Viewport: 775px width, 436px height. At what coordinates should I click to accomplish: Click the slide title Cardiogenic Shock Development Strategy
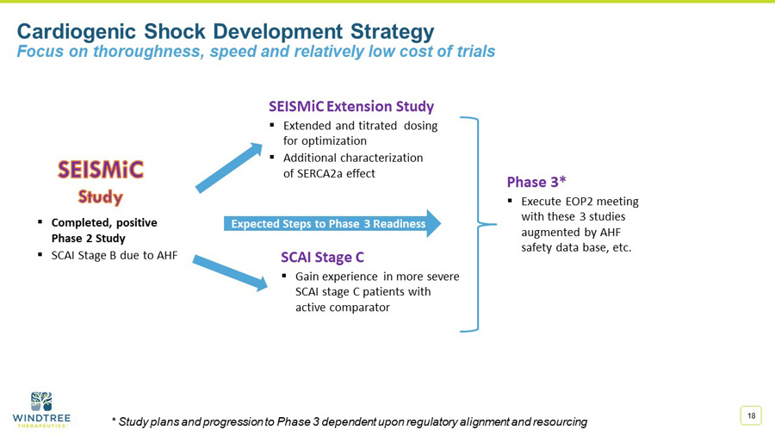point(226,32)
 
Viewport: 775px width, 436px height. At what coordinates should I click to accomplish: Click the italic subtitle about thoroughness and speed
point(256,52)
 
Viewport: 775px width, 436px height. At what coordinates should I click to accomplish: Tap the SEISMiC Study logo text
point(101,181)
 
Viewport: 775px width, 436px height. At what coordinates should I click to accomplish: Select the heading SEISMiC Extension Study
point(351,107)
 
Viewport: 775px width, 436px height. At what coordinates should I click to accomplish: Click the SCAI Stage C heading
point(322,257)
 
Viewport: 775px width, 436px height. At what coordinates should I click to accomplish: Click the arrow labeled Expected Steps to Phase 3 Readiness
point(332,224)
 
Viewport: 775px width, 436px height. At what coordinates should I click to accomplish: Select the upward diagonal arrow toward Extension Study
point(228,168)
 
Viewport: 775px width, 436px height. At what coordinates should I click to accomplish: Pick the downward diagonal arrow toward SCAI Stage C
point(229,272)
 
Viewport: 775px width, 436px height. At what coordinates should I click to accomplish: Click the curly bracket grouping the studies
point(478,224)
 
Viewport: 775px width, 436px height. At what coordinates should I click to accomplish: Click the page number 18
point(752,416)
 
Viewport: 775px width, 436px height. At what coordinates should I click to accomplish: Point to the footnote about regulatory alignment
point(350,421)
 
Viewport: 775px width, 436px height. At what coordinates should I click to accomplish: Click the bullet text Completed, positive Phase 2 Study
point(103,230)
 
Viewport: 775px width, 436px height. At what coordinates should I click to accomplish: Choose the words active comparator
point(343,308)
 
